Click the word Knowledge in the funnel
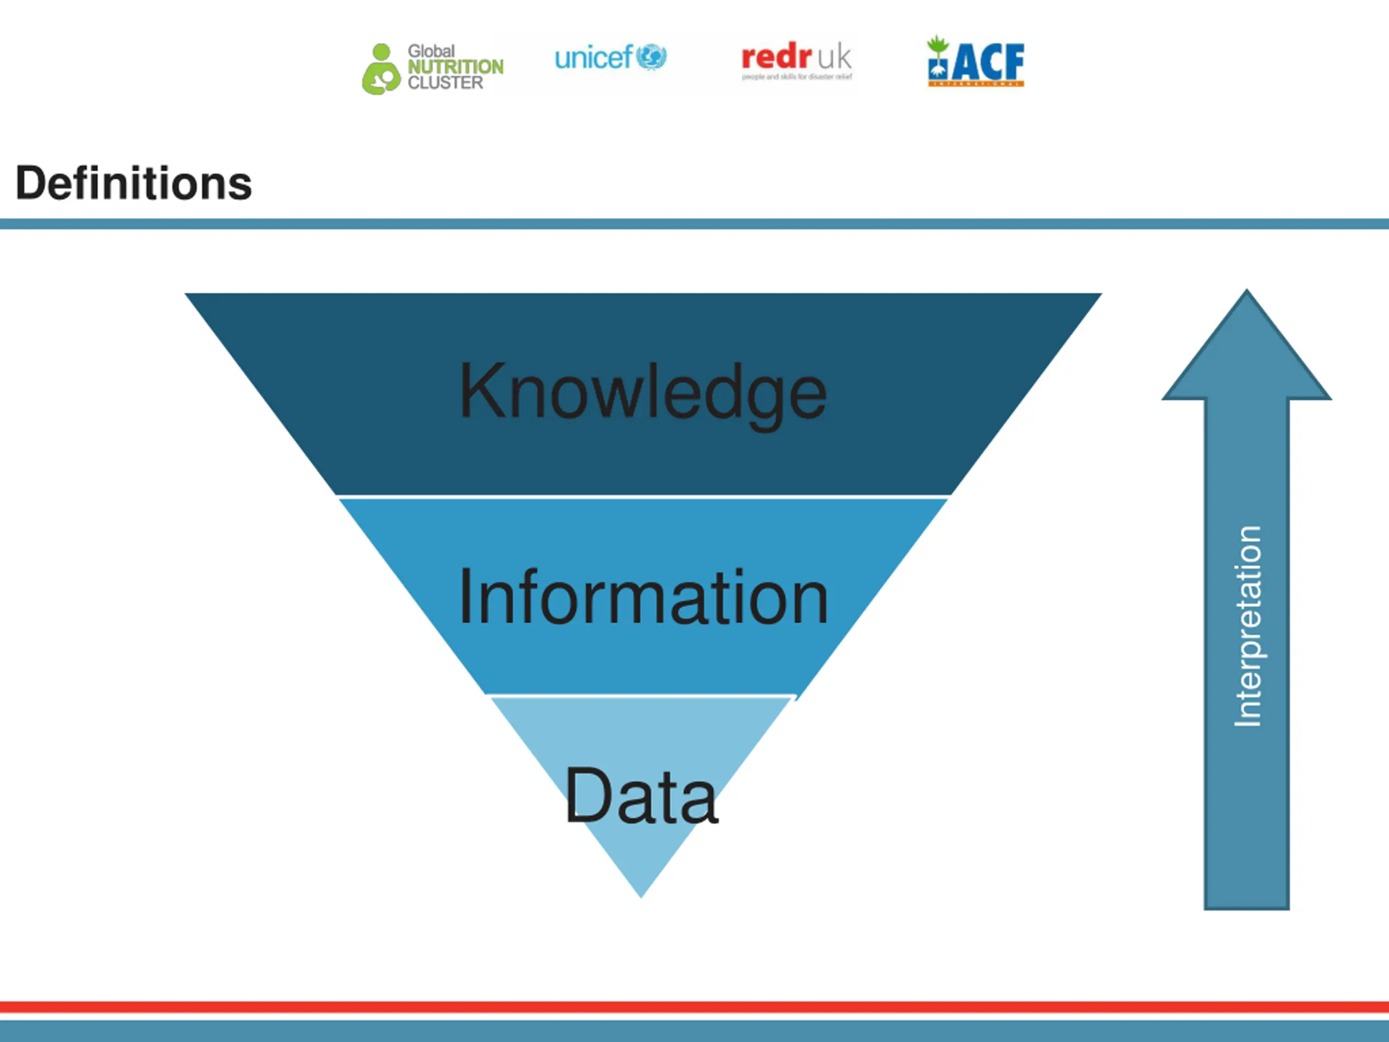click(x=642, y=392)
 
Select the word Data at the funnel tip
click(x=640, y=796)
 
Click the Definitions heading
click(x=133, y=183)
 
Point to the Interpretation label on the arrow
click(x=1247, y=626)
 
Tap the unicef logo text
click(x=593, y=58)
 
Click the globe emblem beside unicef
click(x=651, y=57)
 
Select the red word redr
click(x=776, y=57)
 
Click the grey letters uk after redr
click(x=834, y=58)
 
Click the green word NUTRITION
click(x=455, y=67)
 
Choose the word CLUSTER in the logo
click(x=445, y=83)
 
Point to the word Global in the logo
click(x=431, y=51)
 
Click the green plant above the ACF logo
click(x=938, y=44)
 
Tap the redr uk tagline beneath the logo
click(x=797, y=77)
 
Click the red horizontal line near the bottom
click(x=694, y=1007)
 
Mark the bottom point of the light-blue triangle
click(x=641, y=894)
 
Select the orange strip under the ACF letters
click(x=977, y=83)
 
